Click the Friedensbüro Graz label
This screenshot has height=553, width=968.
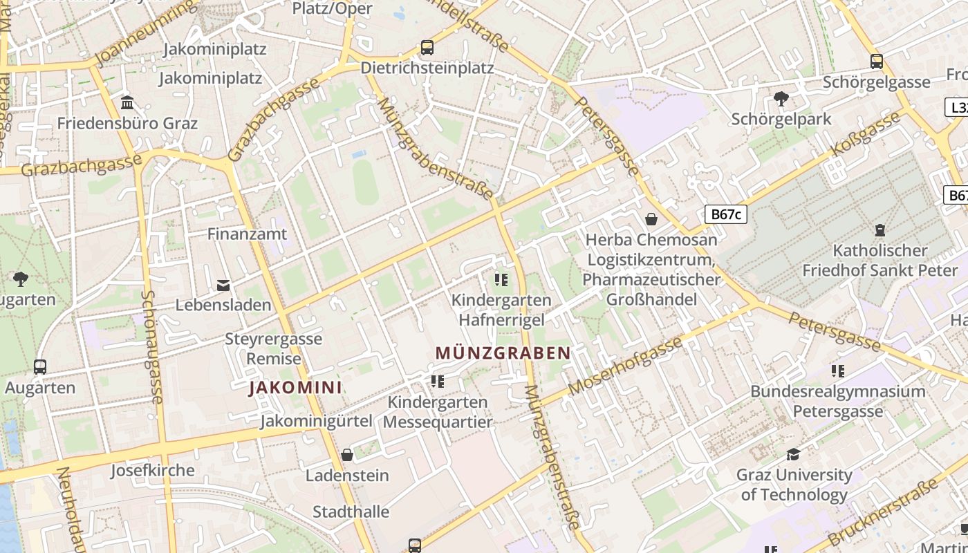127,124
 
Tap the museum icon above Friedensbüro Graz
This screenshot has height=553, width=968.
127,103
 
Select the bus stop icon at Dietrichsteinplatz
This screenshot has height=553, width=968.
427,48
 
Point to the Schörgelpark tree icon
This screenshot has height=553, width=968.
781,99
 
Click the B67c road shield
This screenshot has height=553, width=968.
726,214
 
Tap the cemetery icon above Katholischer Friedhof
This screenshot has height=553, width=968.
880,229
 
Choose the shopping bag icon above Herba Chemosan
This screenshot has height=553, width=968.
651,220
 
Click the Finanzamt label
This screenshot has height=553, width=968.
247,234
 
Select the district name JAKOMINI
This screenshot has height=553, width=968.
295,387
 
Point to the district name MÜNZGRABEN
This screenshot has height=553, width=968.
503,353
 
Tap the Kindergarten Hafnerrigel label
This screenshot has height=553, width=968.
502,310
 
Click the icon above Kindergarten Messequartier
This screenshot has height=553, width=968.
437,381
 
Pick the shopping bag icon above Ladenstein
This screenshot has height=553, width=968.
347,455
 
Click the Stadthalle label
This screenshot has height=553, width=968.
351,512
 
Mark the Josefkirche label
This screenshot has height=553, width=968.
153,471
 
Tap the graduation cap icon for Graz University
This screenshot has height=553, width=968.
794,454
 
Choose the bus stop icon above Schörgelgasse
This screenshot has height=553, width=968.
877,62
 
